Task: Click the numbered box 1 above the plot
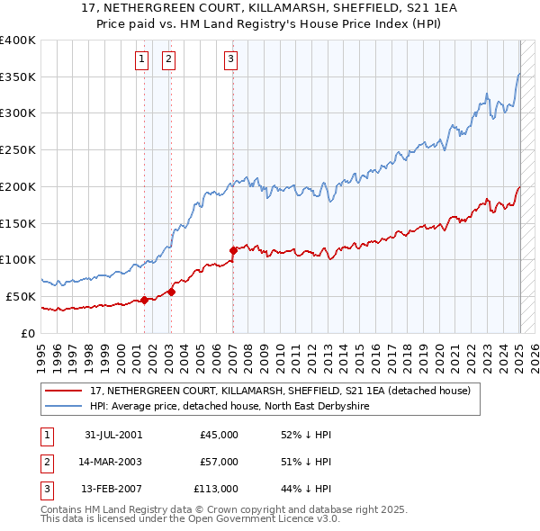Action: coord(142,60)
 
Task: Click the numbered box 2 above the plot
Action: coord(168,60)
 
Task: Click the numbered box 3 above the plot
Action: coord(231,60)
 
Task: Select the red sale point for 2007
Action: coord(233,249)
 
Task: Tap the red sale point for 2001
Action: coord(144,301)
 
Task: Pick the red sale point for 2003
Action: coord(171,292)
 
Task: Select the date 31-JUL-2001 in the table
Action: coord(112,435)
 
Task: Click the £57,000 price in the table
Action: coord(220,462)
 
